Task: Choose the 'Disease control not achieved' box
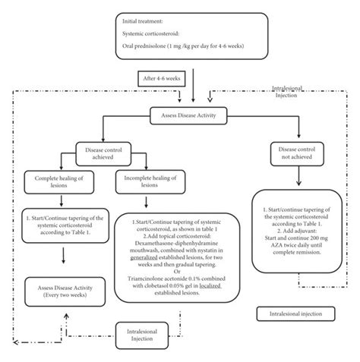pyautogui.click(x=298, y=153)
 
